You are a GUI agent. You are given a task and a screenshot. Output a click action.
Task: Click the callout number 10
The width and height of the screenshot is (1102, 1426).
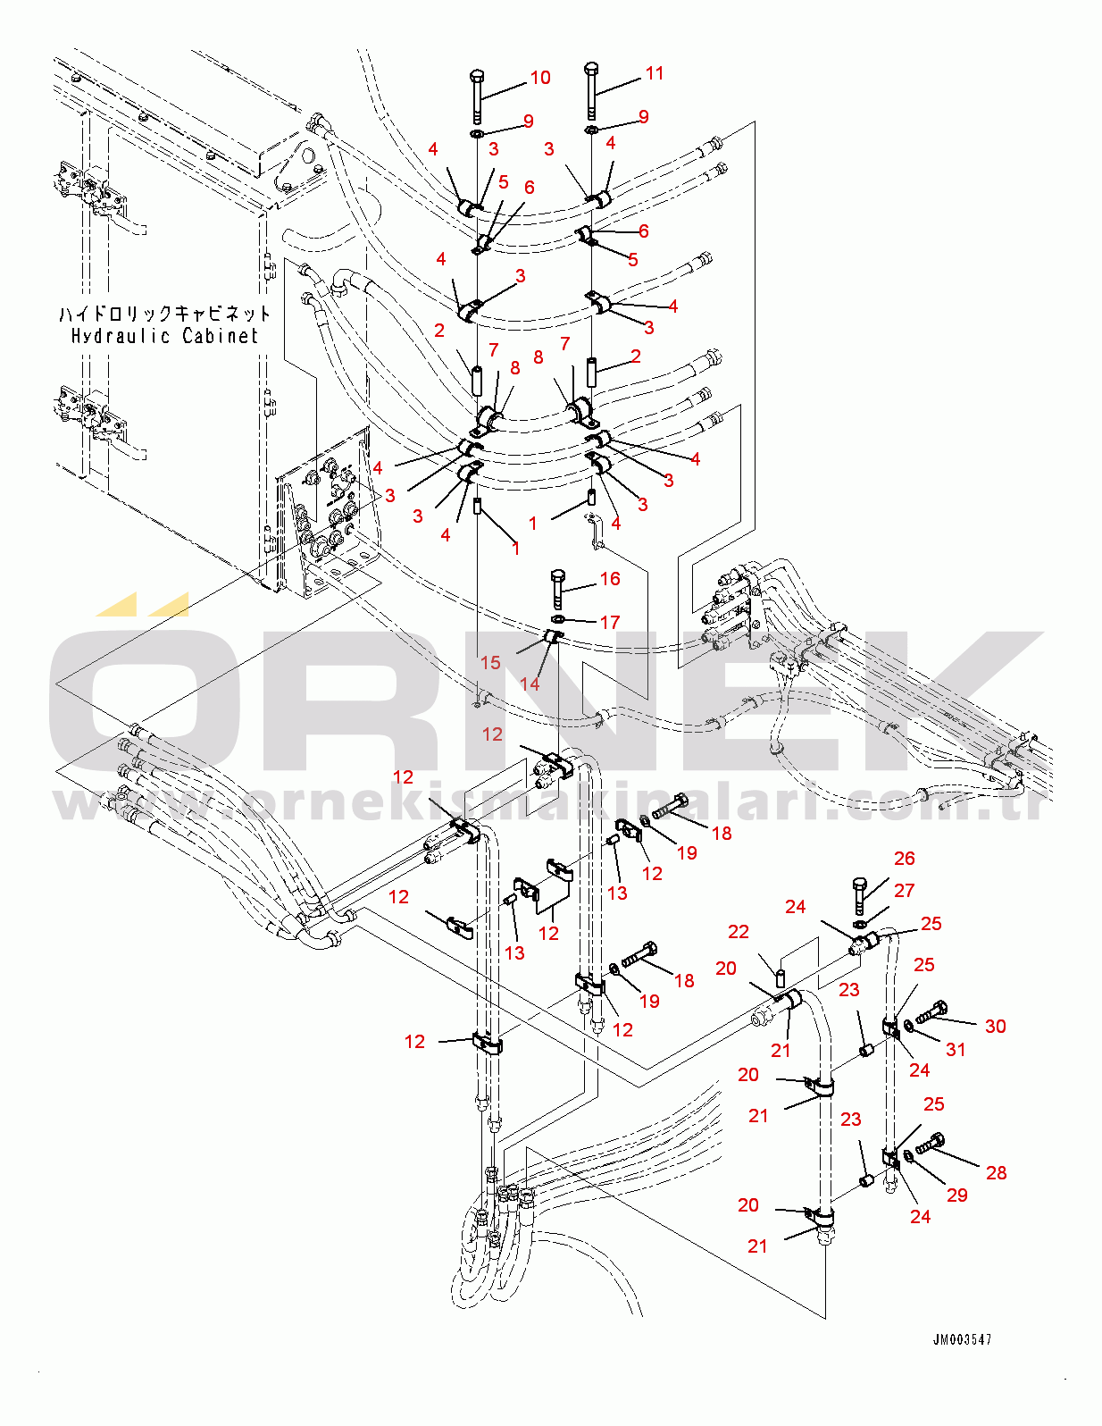(540, 78)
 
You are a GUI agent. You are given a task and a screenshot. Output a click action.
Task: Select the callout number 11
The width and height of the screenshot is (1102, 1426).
(655, 73)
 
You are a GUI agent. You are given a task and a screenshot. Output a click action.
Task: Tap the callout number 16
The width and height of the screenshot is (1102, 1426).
(610, 579)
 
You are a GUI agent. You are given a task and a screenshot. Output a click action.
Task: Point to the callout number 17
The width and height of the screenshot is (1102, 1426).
(610, 622)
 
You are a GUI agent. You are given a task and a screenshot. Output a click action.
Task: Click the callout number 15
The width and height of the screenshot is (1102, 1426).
(490, 663)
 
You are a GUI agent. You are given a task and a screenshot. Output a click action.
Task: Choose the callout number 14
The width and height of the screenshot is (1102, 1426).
(530, 684)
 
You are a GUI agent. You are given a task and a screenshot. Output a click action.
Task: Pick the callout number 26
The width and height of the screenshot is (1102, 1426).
(905, 859)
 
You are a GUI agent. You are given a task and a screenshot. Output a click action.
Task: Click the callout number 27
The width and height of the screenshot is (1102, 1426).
(905, 891)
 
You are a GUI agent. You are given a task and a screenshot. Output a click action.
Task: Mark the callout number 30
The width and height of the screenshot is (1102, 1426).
(996, 1027)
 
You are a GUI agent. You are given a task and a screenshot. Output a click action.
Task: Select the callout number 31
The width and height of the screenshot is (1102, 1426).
(956, 1050)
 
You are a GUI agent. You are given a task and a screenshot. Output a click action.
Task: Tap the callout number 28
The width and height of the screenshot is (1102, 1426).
(997, 1173)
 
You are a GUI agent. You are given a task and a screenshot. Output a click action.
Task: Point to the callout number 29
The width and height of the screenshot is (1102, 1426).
(957, 1195)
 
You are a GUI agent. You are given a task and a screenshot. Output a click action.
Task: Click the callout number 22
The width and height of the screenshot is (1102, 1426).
(739, 932)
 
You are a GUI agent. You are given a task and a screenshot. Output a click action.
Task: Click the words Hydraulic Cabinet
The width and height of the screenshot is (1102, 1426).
(164, 336)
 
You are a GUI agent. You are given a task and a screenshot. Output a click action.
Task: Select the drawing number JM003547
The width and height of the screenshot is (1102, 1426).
(962, 1339)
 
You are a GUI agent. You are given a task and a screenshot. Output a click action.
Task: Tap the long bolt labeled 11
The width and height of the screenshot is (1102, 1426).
(591, 89)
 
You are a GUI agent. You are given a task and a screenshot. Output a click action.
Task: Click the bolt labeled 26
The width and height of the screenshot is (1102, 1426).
(859, 895)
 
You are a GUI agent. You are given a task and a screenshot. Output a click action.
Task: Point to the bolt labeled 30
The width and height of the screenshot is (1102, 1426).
(932, 1013)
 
